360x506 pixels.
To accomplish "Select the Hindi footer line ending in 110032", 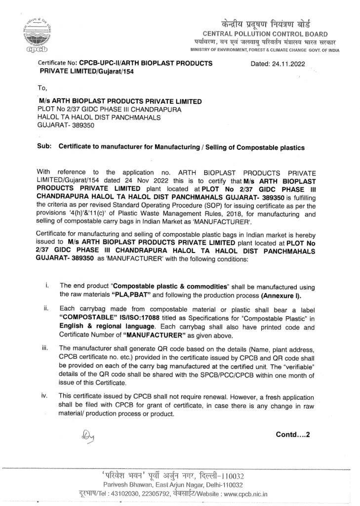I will coord(180,475).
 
